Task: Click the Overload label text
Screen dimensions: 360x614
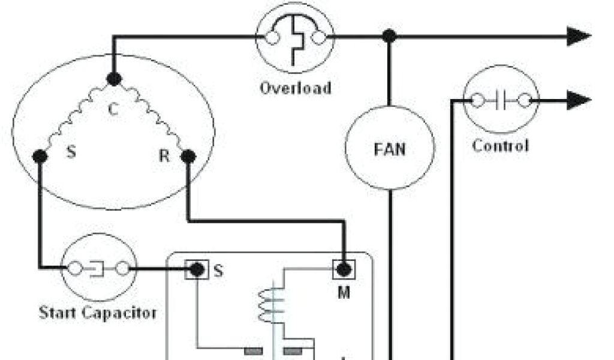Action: (295, 88)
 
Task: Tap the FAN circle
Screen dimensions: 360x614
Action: (390, 148)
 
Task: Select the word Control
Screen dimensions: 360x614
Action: (501, 146)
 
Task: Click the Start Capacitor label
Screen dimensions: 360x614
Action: (98, 313)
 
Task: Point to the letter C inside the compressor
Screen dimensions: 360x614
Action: (112, 110)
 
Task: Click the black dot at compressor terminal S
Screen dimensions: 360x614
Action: (40, 157)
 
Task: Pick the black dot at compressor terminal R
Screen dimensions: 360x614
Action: (188, 157)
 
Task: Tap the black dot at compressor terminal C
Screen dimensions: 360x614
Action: (113, 78)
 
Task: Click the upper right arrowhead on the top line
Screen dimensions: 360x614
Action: (579, 37)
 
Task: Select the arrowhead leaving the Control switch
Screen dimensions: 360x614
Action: (579, 100)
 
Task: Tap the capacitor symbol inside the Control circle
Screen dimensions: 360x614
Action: (502, 101)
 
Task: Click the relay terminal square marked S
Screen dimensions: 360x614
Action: (196, 270)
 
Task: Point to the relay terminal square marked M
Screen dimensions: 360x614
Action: (344, 269)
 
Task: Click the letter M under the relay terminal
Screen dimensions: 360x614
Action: (344, 293)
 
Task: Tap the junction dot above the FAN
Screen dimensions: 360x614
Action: (390, 37)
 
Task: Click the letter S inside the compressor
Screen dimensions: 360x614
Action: (71, 152)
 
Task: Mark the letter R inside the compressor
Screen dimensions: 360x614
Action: (164, 157)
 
